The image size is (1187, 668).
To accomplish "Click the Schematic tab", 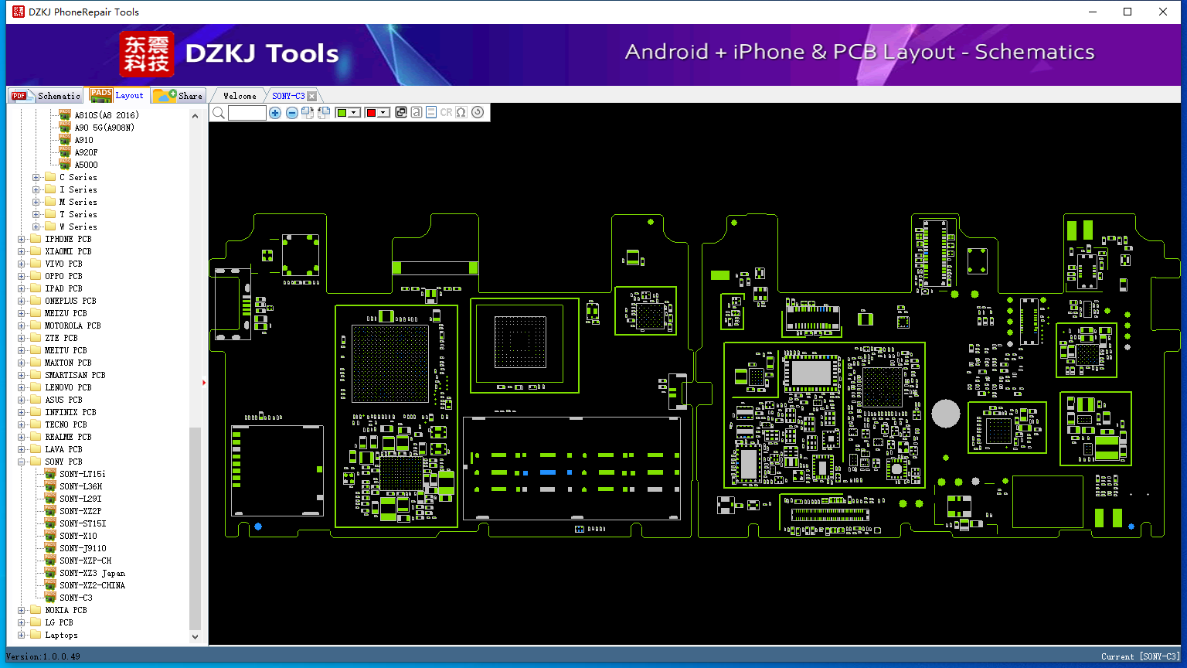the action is [x=46, y=95].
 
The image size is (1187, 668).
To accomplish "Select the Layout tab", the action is [x=117, y=95].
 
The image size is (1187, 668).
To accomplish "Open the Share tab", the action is [x=179, y=95].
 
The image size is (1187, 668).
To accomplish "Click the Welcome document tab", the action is [x=240, y=96].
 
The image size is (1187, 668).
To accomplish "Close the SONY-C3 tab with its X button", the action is [x=312, y=96].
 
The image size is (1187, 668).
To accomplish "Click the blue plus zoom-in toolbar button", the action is [x=275, y=112].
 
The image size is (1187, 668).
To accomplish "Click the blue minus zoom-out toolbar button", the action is [x=291, y=112].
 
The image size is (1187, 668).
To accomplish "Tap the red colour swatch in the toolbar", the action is [x=371, y=112].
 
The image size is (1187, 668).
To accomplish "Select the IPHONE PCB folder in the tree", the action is [x=68, y=239].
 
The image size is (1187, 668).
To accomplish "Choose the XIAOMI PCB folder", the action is [x=68, y=251].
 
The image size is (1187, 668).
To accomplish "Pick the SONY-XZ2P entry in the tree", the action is [x=80, y=511].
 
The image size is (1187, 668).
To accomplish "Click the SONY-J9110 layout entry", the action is [x=83, y=548].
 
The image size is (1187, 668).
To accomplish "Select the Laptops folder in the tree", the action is [x=61, y=635].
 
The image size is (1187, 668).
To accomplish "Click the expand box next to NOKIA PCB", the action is [x=21, y=610].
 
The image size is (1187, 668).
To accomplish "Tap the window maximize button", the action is [x=1127, y=12].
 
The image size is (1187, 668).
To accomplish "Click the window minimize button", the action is [x=1093, y=12].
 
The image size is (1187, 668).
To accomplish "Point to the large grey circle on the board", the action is [x=946, y=414].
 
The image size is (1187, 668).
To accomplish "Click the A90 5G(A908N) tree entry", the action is [x=104, y=128].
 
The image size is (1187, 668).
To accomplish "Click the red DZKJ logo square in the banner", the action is [x=147, y=53].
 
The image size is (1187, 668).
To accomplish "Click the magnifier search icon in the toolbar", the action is [x=219, y=112].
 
